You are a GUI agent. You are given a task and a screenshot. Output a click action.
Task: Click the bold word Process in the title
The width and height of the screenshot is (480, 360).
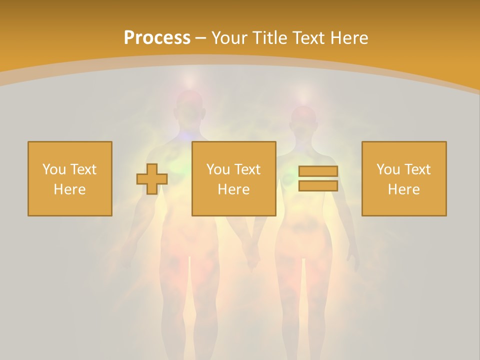point(157,38)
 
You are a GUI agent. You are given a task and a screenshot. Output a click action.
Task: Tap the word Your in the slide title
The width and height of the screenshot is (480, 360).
point(229,38)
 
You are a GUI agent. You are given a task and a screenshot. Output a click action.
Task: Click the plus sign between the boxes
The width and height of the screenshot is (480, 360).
point(152,179)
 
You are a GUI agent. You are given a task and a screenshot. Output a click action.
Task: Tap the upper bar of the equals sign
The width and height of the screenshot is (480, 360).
point(318,171)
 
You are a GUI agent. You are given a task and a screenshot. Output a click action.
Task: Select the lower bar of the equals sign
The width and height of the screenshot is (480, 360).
point(318,186)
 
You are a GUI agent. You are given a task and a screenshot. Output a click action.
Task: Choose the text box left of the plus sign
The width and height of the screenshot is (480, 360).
point(70,179)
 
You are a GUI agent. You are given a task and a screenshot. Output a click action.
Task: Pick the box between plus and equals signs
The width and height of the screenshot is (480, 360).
point(234,179)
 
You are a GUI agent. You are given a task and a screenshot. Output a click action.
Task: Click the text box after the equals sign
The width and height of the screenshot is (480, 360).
point(404,179)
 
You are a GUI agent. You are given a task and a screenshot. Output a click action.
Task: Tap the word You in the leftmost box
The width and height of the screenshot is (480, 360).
point(53,169)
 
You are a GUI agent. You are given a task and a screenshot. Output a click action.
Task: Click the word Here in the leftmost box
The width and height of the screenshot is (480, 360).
point(70,189)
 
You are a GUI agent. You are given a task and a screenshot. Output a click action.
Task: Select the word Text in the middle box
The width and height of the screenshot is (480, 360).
point(247,169)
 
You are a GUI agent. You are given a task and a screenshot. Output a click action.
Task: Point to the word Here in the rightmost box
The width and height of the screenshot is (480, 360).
point(404,189)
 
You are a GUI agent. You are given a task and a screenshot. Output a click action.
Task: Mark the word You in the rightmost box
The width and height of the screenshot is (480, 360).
point(387,169)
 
